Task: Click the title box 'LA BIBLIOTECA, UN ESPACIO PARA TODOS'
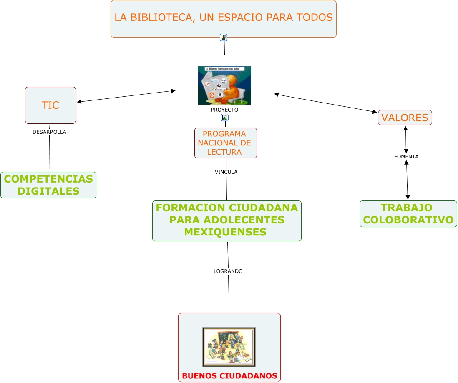tap(224, 18)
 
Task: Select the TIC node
tap(50, 105)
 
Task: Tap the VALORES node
tap(405, 118)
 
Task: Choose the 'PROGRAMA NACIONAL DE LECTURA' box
tap(225, 143)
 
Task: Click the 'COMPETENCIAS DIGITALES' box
tap(48, 185)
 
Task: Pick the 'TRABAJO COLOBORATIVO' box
tap(408, 213)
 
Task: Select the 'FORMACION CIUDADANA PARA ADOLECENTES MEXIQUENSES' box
tap(226, 220)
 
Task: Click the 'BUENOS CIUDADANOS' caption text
tap(229, 376)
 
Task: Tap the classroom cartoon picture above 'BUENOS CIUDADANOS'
tap(229, 347)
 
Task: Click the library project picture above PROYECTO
tap(224, 85)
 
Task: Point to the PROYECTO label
tap(224, 110)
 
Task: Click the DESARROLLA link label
tap(49, 132)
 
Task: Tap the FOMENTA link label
tap(406, 157)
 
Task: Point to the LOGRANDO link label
tap(228, 271)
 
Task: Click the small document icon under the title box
tap(224, 38)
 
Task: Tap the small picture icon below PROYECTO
tap(225, 118)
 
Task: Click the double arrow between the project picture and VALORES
tap(325, 103)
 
